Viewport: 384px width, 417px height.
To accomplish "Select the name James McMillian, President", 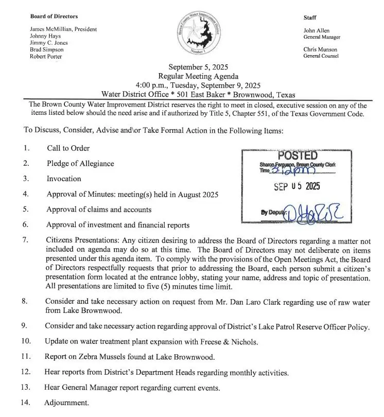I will pos(64,29).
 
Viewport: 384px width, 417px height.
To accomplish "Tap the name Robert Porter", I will pos(46,57).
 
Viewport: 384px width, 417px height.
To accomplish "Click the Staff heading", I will pos(310,18).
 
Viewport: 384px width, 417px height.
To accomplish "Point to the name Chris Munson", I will pos(321,49).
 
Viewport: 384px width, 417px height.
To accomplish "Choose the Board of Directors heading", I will pos(54,16).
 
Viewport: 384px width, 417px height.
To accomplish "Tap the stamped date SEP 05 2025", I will pos(297,187).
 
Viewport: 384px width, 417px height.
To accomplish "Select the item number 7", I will pos(26,240).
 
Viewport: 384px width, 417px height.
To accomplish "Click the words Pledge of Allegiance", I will pos(80,164).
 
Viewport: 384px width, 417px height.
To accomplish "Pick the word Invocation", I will pos(64,179).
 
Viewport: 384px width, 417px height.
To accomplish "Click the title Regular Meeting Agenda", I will pos(198,76).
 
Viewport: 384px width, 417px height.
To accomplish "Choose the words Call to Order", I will pos(68,148).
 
